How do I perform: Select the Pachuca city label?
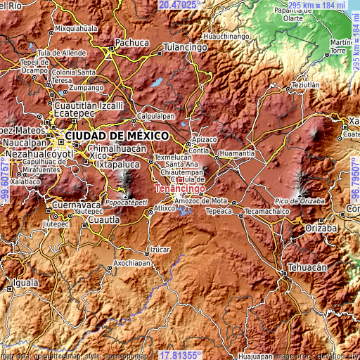point(132,42)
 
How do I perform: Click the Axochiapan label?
point(138,263)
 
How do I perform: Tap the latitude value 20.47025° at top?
point(179,4)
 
